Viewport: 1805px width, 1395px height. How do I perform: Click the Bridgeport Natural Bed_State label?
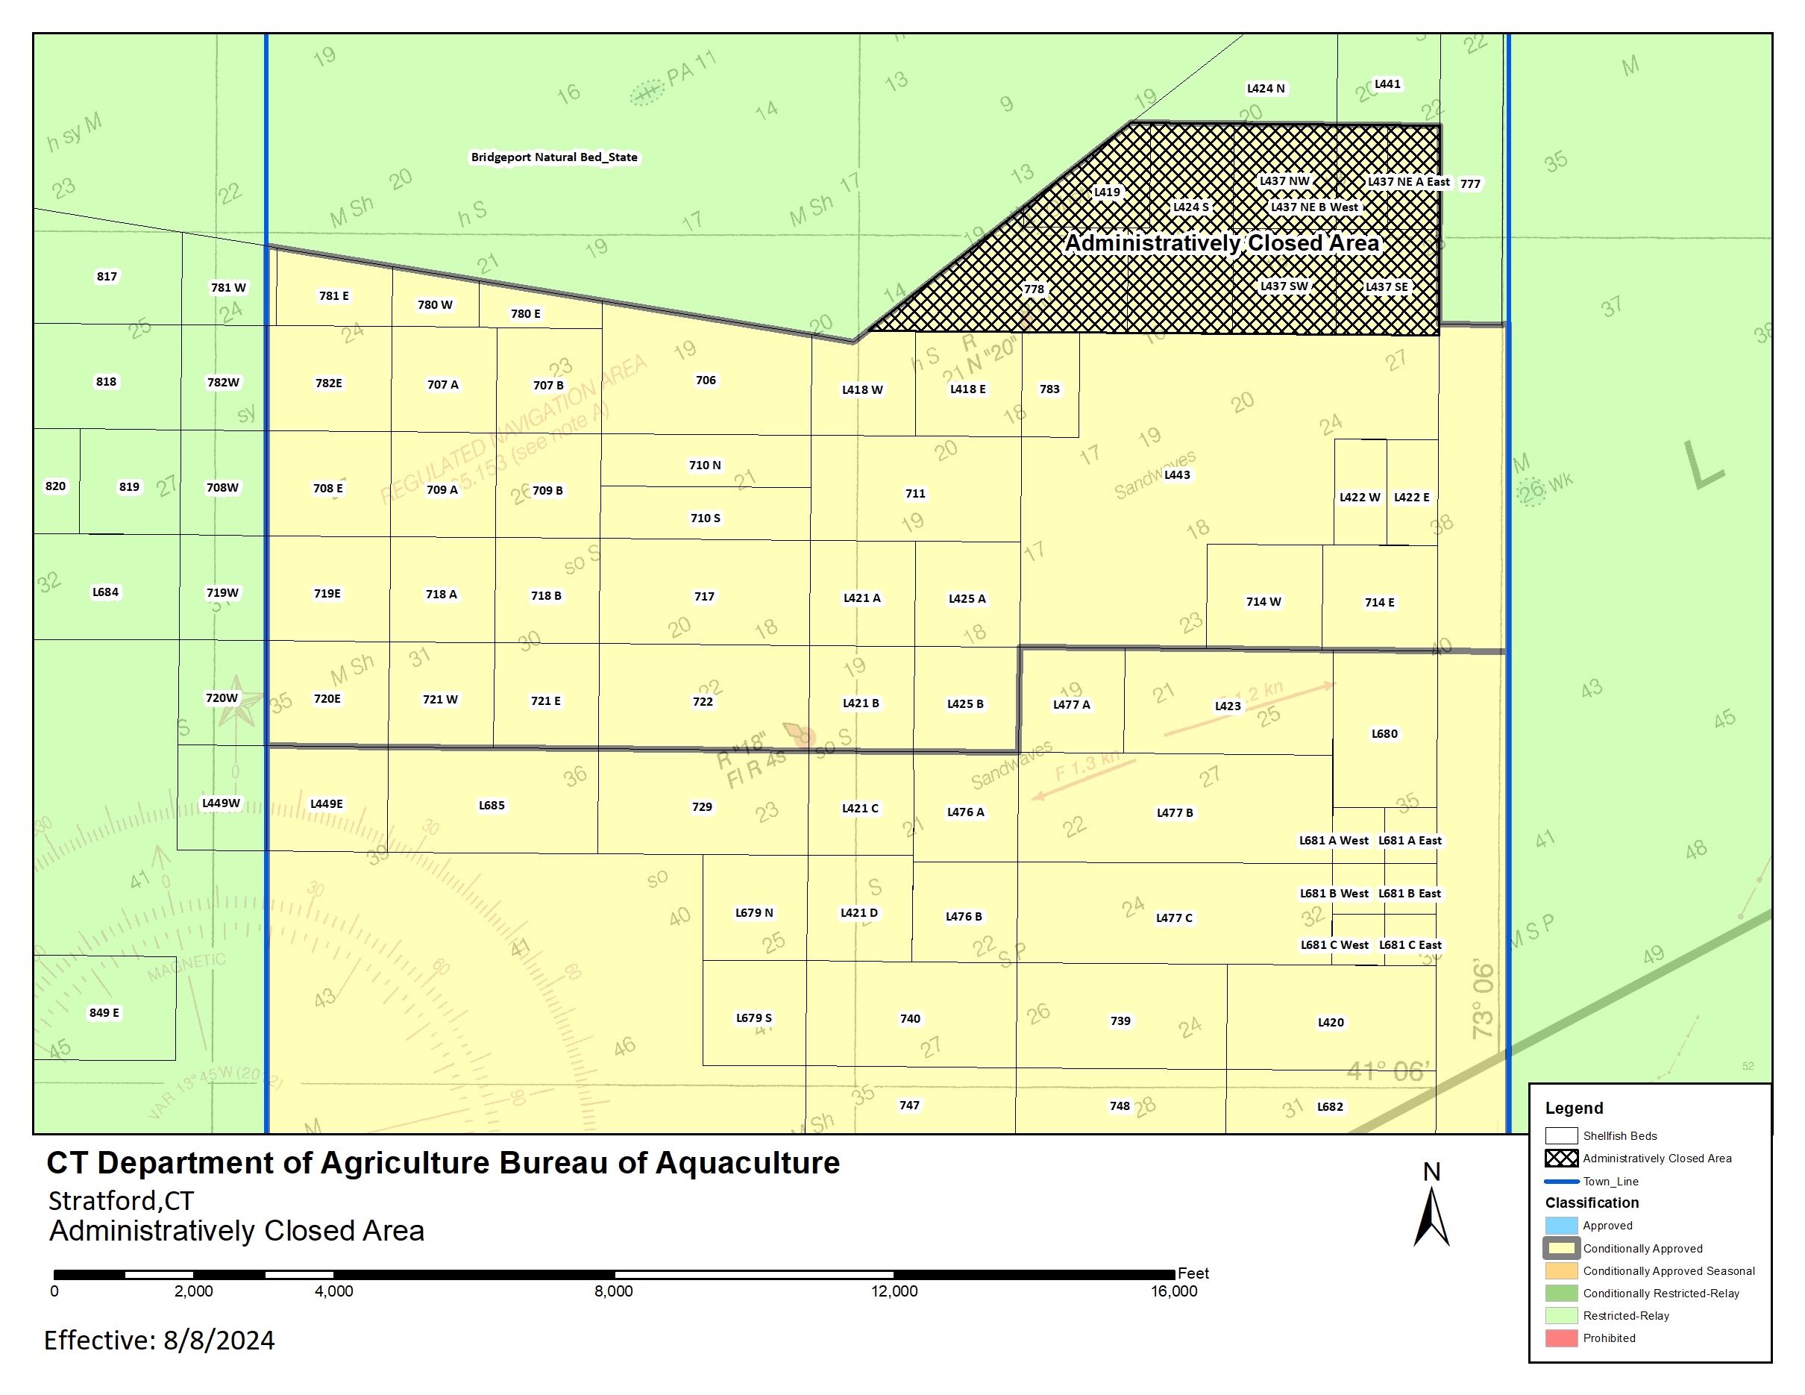pos(553,157)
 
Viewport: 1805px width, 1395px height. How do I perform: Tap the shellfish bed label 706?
pos(705,380)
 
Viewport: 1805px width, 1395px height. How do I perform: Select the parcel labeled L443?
pos(1177,474)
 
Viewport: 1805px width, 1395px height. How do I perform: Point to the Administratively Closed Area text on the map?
pos(1222,243)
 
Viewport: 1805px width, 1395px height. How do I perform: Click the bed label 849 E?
pos(104,1012)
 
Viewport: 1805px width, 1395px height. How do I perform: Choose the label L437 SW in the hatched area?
pos(1284,286)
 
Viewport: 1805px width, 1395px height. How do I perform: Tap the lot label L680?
pos(1384,733)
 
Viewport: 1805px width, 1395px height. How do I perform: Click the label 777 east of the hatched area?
pos(1470,184)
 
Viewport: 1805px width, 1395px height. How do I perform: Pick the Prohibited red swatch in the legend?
pos(1561,1338)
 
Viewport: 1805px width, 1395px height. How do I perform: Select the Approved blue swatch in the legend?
pos(1561,1226)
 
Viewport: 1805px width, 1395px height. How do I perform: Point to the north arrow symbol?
pos(1431,1214)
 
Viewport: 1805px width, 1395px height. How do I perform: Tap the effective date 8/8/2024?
pos(219,1340)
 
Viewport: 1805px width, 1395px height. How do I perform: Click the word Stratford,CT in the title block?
pos(121,1200)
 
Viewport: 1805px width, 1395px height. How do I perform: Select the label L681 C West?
pos(1334,944)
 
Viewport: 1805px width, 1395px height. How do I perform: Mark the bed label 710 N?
pos(704,465)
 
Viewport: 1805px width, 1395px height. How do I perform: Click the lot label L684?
pos(105,592)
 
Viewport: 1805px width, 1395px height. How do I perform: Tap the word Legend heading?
pos(1574,1109)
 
